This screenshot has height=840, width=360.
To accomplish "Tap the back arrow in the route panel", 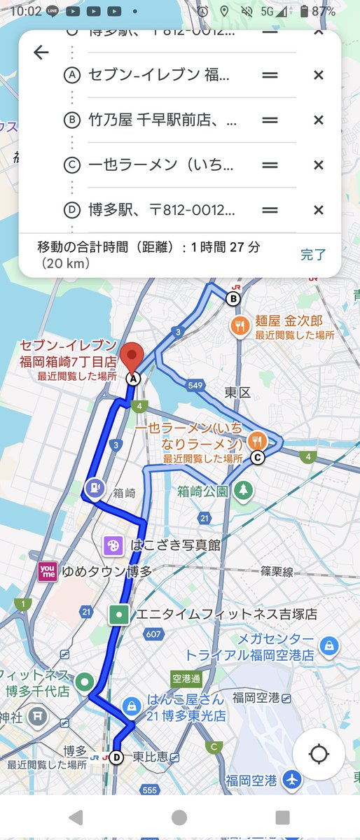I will [x=41, y=52].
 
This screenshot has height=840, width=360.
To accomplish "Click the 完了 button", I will [x=313, y=254].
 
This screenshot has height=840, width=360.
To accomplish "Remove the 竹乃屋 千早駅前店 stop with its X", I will [x=318, y=120].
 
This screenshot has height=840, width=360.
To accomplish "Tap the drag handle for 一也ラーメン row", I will [x=270, y=165].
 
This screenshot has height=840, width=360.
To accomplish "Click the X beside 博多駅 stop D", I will [x=318, y=210].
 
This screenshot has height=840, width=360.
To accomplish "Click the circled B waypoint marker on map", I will [x=233, y=300].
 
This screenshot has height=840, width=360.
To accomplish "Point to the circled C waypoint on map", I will [x=257, y=458].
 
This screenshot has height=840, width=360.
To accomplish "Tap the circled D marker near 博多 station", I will [x=116, y=757].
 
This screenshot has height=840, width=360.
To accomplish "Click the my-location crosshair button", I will [x=319, y=755].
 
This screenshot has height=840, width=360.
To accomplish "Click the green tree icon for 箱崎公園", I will [x=242, y=491].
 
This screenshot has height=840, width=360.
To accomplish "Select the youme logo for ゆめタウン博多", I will [x=48, y=572].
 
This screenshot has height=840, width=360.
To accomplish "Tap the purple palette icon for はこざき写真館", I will [x=112, y=545].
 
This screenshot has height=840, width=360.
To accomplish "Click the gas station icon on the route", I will [x=94, y=486].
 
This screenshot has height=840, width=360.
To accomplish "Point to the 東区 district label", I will [x=237, y=393].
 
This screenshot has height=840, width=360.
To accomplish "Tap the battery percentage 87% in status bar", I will [x=324, y=11].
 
